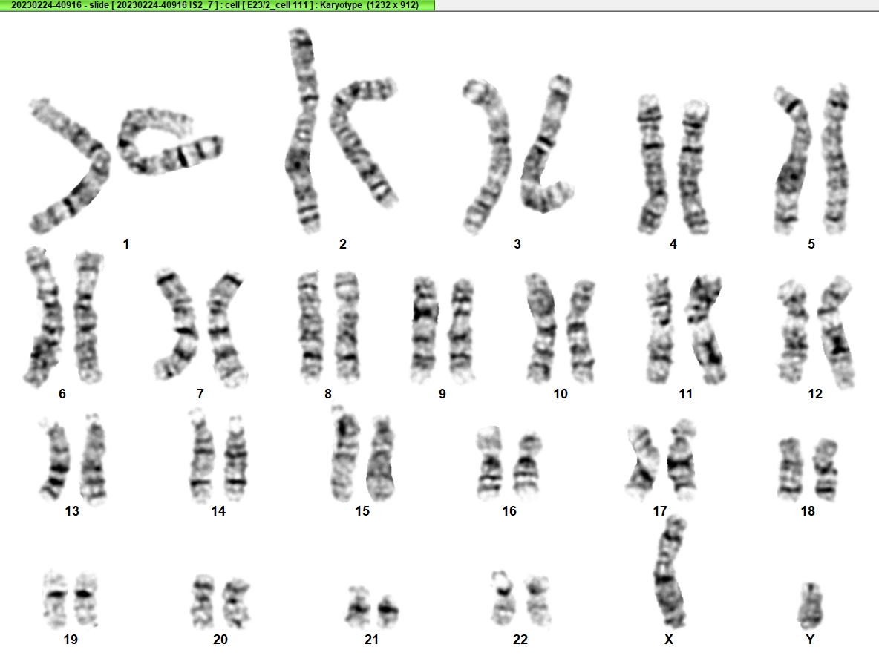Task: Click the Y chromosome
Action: (x=810, y=606)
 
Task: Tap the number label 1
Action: (x=125, y=244)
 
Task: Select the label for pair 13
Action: (x=72, y=510)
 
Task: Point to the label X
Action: (x=668, y=640)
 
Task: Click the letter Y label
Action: (x=810, y=640)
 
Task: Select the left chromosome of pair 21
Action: (x=358, y=607)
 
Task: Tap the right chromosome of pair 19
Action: (x=85, y=599)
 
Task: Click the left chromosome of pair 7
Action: (x=177, y=325)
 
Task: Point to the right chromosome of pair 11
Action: (x=706, y=329)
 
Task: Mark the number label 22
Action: (x=520, y=640)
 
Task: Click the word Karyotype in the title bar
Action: (x=341, y=5)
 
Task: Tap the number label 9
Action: (x=442, y=394)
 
